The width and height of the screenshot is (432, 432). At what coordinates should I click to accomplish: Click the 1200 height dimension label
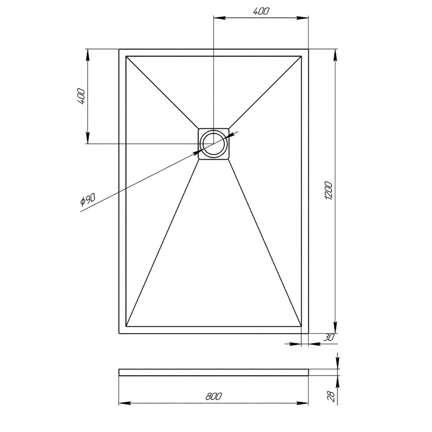point(329,191)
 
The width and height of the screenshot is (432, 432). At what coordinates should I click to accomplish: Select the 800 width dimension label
point(213,396)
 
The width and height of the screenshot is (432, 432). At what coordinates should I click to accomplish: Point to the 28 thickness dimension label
point(331,396)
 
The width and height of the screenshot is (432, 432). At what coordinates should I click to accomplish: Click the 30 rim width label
point(328,337)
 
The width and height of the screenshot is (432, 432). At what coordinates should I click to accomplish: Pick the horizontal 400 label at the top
point(261,11)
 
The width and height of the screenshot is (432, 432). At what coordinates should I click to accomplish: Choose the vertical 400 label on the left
point(81,96)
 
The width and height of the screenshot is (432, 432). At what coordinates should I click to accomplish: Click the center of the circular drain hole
point(213,143)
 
